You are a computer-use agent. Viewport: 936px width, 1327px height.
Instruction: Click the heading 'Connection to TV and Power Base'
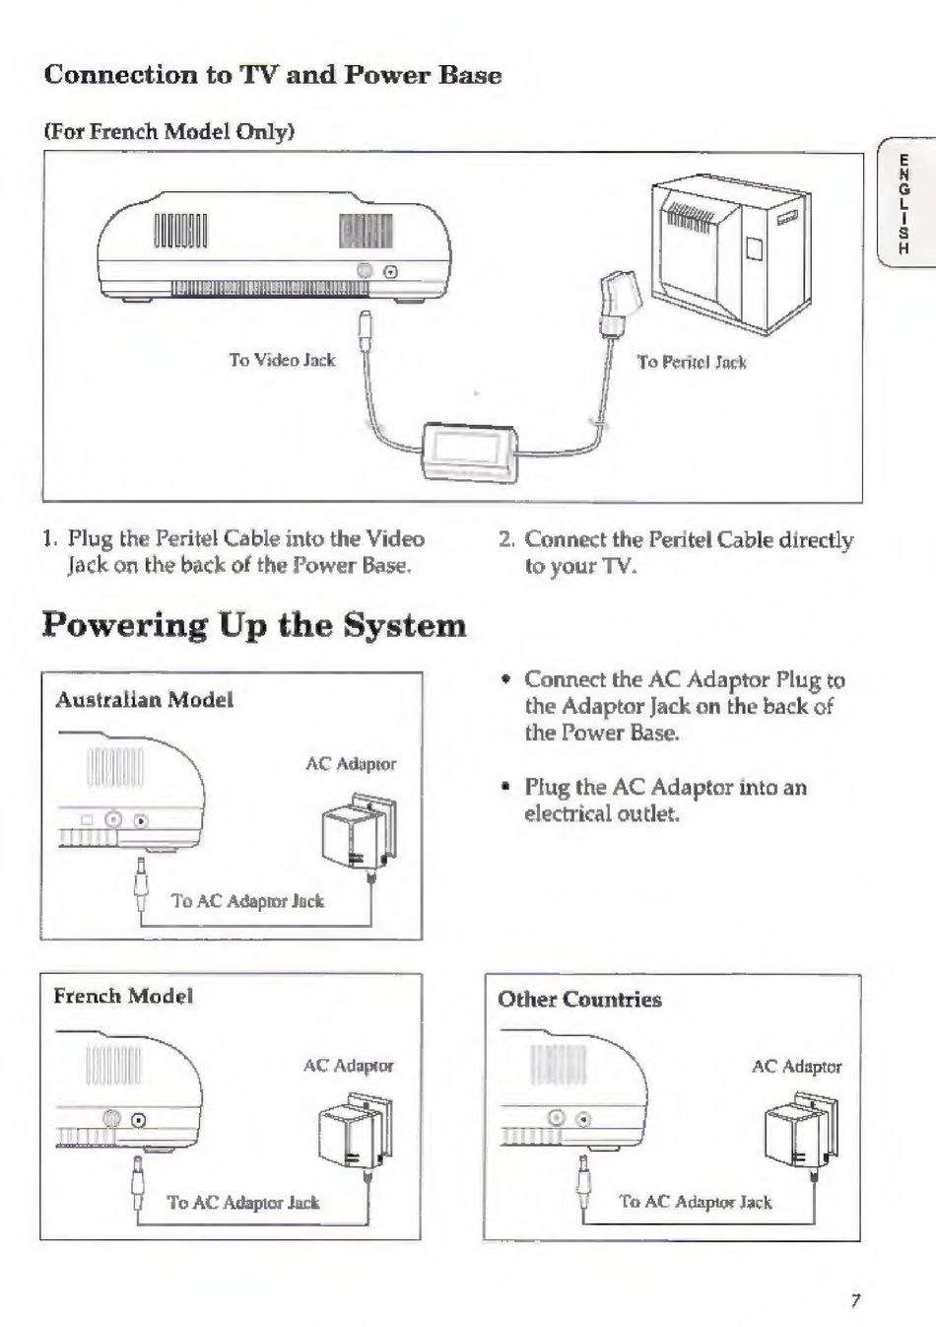273,75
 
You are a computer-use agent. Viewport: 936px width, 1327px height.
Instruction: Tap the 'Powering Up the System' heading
254,625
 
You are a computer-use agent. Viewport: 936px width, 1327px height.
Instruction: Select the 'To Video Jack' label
282,361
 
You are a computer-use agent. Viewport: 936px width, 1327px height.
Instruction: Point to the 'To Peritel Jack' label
692,363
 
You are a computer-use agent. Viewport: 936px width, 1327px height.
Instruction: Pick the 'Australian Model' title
144,700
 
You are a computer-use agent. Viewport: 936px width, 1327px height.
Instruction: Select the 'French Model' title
123,996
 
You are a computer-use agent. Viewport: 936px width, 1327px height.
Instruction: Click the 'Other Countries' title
579,1000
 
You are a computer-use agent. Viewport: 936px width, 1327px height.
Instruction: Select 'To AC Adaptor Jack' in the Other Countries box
696,1202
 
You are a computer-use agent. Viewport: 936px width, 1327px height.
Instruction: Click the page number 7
855,1300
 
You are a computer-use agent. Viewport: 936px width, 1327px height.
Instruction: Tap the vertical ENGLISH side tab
903,204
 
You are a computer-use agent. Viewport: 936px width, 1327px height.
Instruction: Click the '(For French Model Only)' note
169,132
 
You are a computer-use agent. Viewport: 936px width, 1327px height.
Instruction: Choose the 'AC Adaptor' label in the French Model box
348,1066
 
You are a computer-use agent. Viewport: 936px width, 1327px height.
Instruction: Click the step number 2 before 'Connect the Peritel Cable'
505,540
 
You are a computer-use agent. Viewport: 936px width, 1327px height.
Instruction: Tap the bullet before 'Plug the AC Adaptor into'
504,788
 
